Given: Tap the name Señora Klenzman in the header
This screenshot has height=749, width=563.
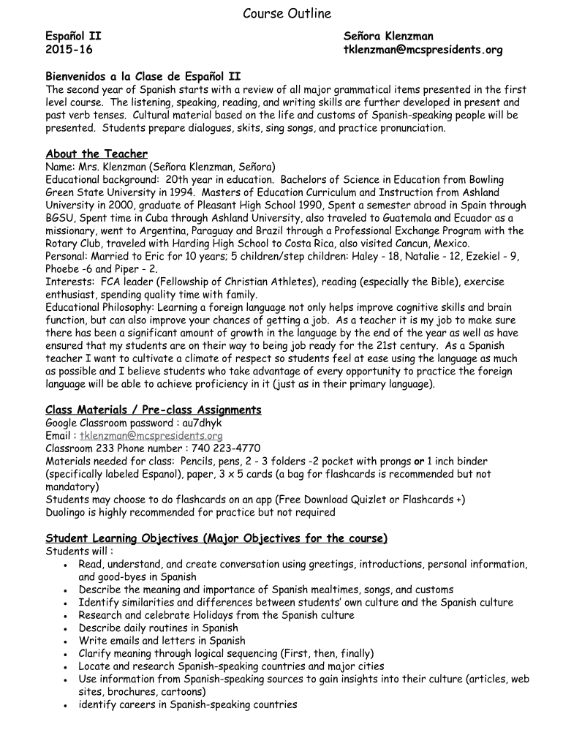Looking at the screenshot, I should click(x=388, y=36).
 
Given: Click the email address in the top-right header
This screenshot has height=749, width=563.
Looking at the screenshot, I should click(x=423, y=50).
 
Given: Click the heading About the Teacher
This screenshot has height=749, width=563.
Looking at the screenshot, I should click(x=97, y=154).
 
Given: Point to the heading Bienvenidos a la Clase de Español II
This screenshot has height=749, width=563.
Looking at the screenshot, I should click(x=143, y=76).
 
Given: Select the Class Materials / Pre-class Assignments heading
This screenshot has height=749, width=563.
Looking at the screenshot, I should click(x=154, y=410).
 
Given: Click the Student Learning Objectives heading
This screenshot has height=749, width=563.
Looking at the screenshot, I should click(x=216, y=538).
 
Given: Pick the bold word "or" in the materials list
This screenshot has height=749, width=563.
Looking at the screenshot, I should click(x=420, y=462).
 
